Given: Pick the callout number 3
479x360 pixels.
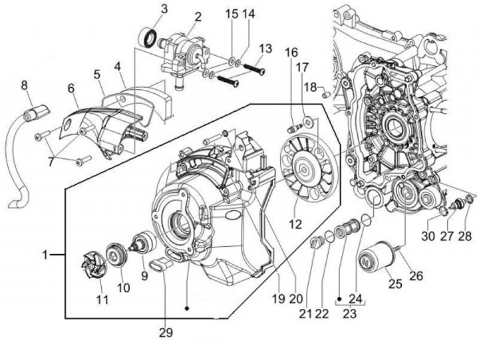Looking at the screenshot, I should (164, 9).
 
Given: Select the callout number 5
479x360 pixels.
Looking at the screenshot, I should (97, 74).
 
